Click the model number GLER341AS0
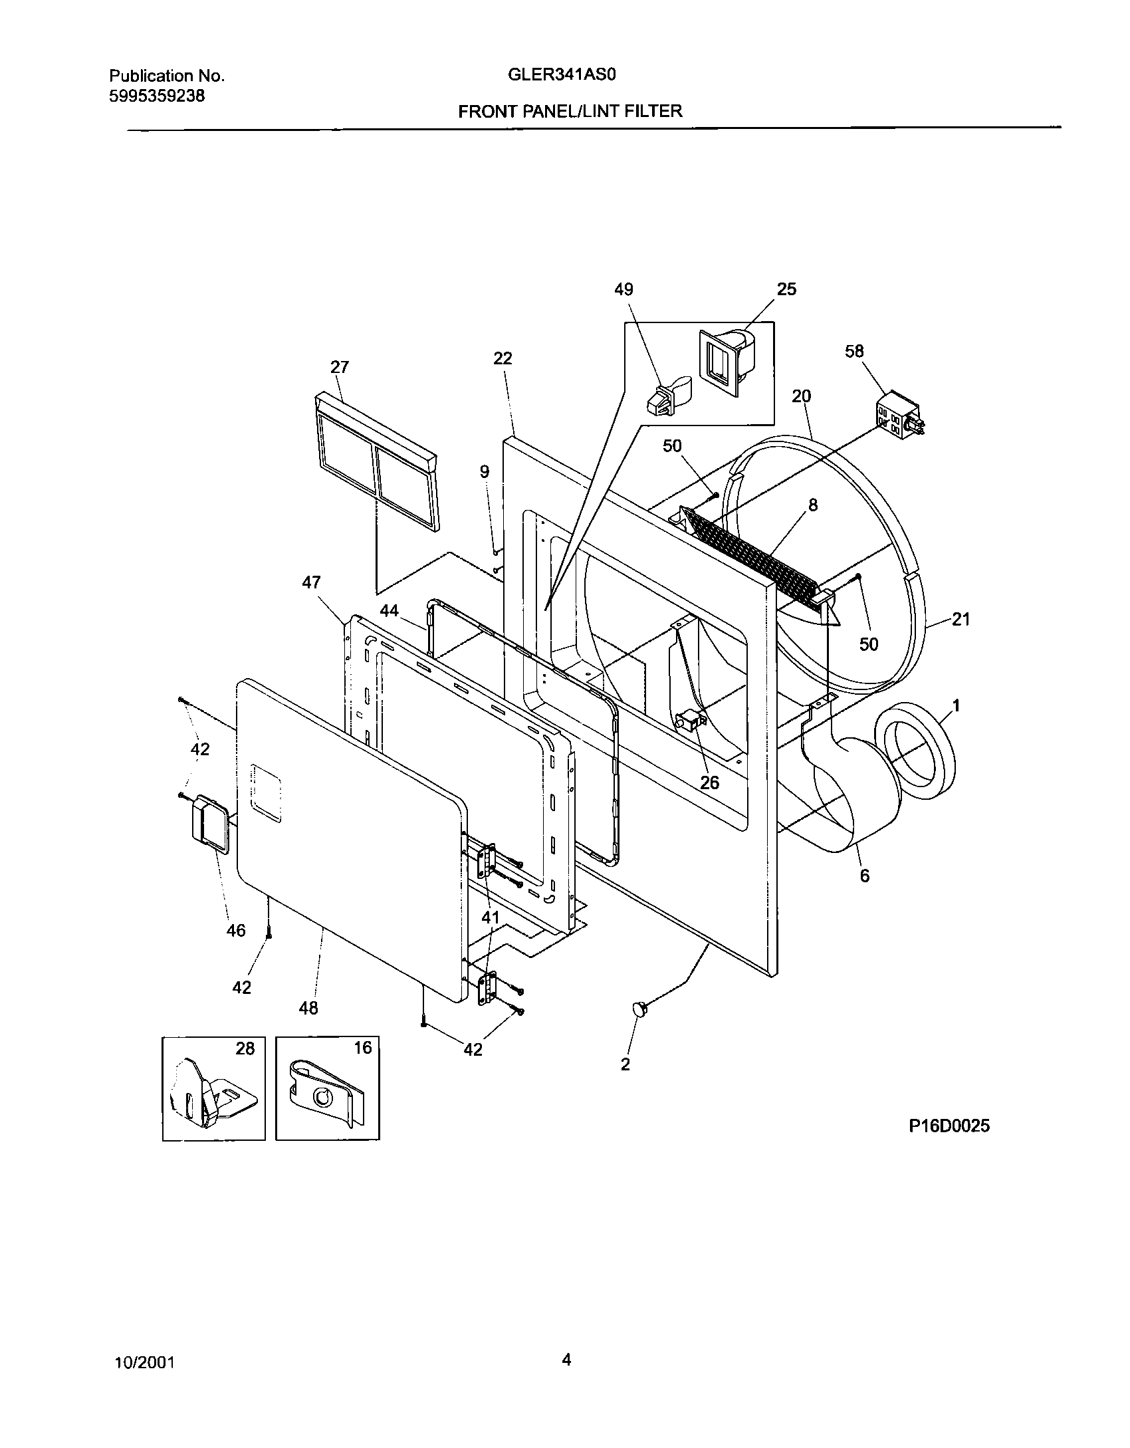562,75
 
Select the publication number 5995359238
156,96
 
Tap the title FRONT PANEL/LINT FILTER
570,111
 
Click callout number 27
340,367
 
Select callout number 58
854,350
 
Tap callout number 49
623,289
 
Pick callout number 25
786,289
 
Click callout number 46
236,930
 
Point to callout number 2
625,1064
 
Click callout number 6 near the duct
864,876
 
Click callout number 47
311,583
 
